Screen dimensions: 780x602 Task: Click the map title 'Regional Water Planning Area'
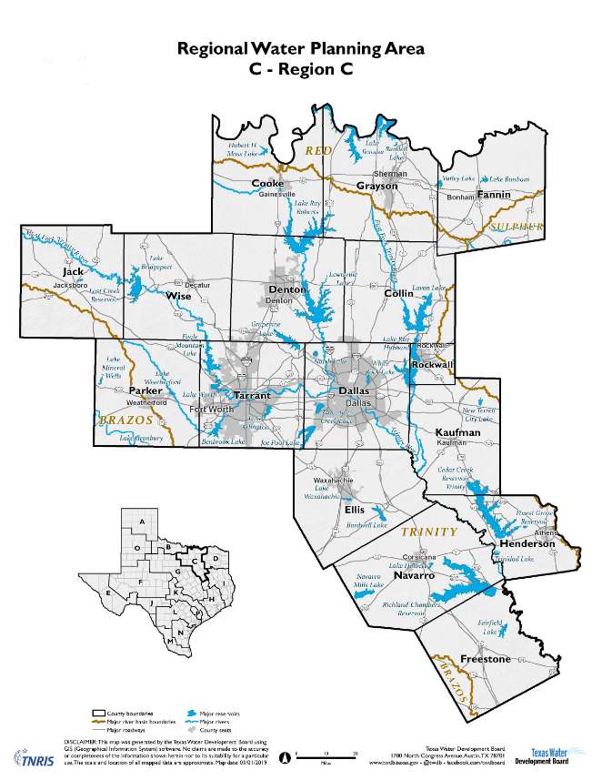[x=300, y=49]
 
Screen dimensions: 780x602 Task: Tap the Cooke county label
[x=267, y=184]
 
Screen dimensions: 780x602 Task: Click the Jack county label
[x=73, y=272]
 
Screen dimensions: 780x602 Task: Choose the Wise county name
[x=178, y=295]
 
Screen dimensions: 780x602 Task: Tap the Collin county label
[x=398, y=293]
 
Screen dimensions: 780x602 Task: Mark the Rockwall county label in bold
[x=426, y=364]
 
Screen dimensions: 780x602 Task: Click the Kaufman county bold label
[x=457, y=432]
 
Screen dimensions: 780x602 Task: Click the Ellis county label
[x=355, y=510]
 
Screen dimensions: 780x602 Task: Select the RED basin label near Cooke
[x=319, y=149]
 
